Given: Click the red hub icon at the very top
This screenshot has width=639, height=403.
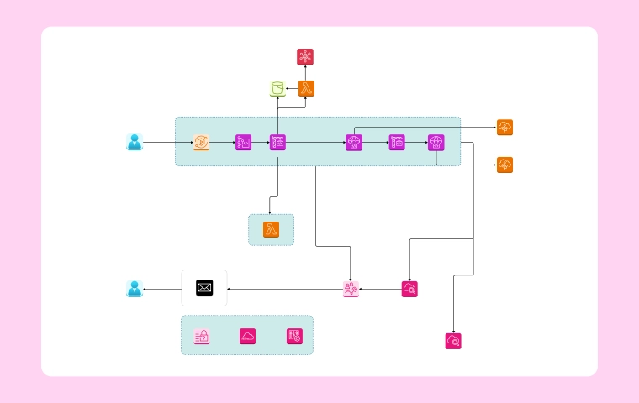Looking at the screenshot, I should point(305,57).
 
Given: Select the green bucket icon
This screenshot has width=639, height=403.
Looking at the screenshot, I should point(277,88).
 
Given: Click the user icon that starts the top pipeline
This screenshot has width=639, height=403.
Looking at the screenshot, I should point(135,143).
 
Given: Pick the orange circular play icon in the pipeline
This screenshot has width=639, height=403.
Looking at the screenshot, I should point(201,143).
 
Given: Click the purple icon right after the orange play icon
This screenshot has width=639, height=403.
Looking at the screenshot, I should point(244,143).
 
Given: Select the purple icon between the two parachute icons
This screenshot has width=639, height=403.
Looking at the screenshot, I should point(397,143).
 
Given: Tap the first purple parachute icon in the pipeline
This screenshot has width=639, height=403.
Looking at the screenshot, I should point(354,143).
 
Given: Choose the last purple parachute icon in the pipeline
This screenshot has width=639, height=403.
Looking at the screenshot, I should point(436,143).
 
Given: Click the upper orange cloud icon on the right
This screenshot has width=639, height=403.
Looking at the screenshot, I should point(504,128).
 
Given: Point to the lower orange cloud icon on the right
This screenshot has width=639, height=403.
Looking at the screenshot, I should point(504,165).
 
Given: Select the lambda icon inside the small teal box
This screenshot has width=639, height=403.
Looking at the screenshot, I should point(271,230).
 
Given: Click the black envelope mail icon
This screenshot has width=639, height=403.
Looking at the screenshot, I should point(204,288).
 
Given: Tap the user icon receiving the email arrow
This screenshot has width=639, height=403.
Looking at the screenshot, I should point(135,289).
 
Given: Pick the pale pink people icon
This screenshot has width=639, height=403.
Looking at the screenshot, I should point(351,289).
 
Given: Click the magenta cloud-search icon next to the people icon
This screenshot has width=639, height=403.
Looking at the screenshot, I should point(409,289).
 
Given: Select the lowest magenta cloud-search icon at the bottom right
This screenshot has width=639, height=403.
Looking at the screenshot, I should point(453,341).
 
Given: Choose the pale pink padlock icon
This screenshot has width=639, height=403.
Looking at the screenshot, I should point(202,336).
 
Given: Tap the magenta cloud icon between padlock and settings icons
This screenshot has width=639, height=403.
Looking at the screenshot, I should point(248,336).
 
